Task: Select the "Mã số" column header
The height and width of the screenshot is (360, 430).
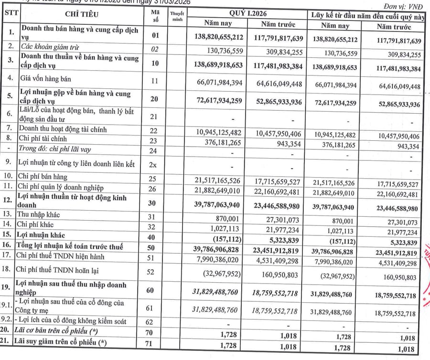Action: tap(154, 18)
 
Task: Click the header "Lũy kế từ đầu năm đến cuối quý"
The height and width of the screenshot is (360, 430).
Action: tap(367, 15)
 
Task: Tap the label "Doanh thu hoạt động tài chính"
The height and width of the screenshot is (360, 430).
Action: tap(63, 129)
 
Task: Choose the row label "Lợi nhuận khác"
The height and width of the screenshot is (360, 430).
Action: tap(41, 235)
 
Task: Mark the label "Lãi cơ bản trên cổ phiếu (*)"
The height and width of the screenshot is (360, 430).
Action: tap(62, 332)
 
